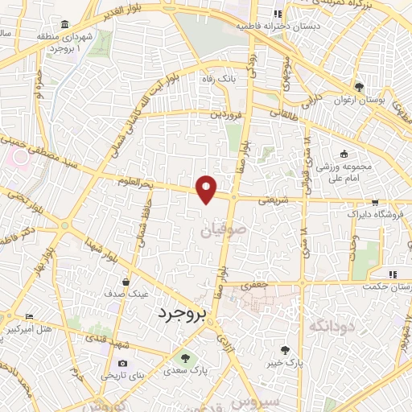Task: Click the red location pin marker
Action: click(x=208, y=188)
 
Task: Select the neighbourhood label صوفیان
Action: click(x=216, y=231)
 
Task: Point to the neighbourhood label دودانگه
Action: click(x=327, y=325)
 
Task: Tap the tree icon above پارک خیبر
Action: click(x=285, y=349)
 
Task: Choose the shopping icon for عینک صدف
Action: click(x=127, y=282)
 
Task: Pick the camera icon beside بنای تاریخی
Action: click(x=122, y=364)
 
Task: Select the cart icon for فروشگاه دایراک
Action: click(x=374, y=204)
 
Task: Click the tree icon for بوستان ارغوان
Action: click(x=359, y=88)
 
